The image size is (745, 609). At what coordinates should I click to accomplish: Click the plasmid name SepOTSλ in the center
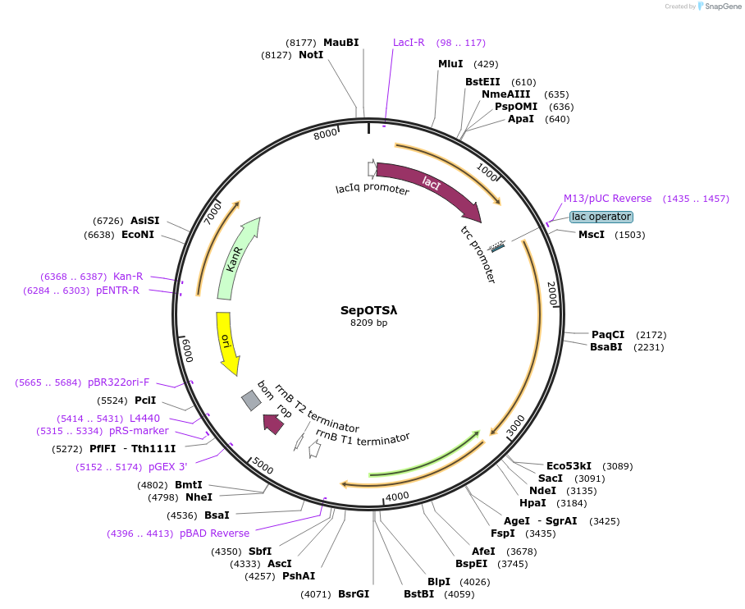[368, 310]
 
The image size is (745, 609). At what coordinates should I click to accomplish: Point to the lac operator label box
[601, 217]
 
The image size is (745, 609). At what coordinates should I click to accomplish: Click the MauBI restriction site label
[341, 43]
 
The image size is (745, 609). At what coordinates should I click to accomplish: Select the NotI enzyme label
[311, 55]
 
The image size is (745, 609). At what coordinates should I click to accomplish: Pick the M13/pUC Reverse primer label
[607, 199]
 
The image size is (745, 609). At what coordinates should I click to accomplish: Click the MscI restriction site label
[592, 235]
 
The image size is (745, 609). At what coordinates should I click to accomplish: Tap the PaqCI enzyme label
[608, 334]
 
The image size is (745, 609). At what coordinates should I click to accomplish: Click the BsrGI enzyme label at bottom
[354, 594]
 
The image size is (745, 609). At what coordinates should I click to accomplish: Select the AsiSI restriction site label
[144, 221]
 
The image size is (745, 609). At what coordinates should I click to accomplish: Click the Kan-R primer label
[128, 277]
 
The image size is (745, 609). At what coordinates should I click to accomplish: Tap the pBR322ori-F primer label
[119, 382]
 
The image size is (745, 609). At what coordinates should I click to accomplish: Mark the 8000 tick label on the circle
[326, 134]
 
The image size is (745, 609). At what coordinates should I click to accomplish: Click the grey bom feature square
[251, 400]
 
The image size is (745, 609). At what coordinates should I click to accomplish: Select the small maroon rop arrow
[272, 424]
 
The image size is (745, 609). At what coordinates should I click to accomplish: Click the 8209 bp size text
[368, 323]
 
